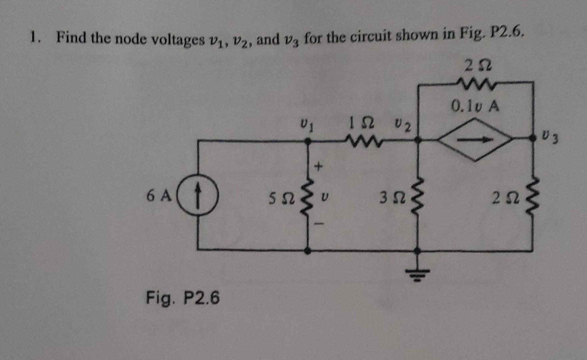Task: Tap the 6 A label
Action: pos(159,196)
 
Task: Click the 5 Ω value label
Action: pos(282,199)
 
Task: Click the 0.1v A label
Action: pos(475,107)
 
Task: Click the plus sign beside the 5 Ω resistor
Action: pos(319,166)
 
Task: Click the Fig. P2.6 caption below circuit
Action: pos(183,298)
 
